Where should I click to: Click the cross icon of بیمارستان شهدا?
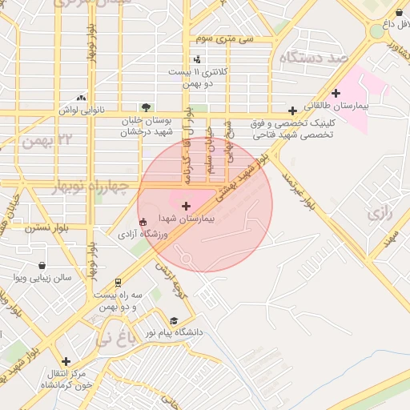pos(187,206)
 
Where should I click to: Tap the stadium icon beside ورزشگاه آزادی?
pos(143,223)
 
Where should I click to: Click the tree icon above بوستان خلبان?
pos(146,107)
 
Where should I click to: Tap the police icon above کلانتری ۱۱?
pos(197,58)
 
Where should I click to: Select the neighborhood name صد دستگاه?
pos(312,58)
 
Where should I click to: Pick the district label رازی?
pos(380,214)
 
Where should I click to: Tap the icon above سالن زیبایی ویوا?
pos(42,265)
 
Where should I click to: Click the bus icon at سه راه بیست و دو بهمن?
pos(119,282)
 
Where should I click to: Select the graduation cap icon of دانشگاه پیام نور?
pos(175,320)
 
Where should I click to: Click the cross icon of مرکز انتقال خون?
pos(66,361)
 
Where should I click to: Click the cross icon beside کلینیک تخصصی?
pos(293,111)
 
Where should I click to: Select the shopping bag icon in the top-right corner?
pos(399,11)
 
